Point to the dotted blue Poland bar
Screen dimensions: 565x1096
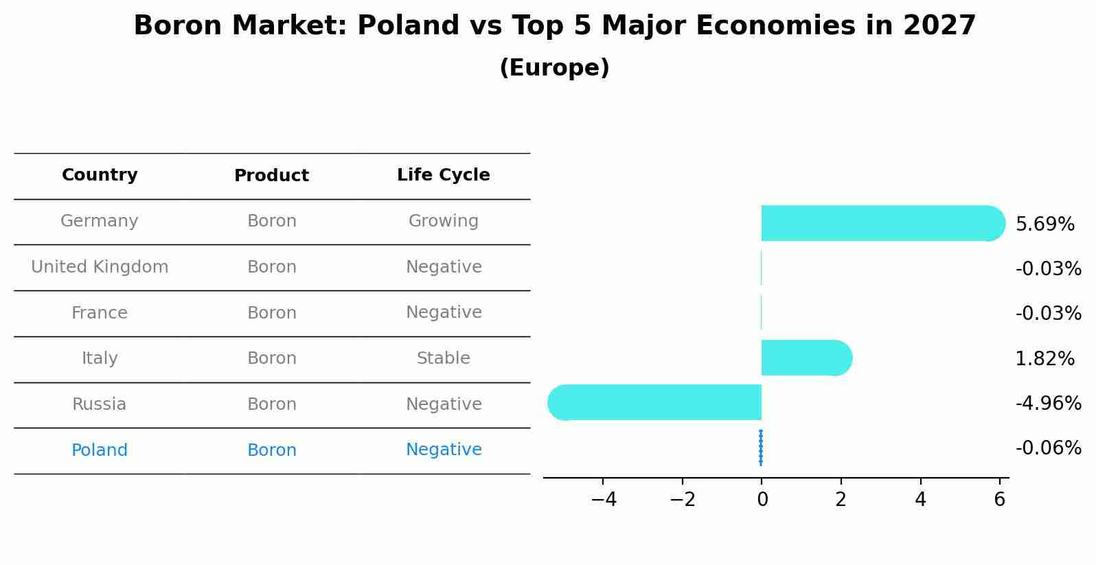pyautogui.click(x=761, y=448)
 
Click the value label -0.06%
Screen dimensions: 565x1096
pyautogui.click(x=1048, y=448)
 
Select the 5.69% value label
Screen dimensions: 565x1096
pyautogui.click(x=1044, y=224)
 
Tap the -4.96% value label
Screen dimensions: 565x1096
pyautogui.click(x=1048, y=404)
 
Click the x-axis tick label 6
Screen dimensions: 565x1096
pyautogui.click(x=1000, y=500)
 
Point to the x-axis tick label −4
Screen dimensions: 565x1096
pyautogui.click(x=603, y=500)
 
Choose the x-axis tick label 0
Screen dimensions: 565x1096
pyautogui.click(x=762, y=500)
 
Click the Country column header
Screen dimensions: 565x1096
pyautogui.click(x=100, y=175)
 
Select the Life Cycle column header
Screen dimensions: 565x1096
pyautogui.click(x=443, y=175)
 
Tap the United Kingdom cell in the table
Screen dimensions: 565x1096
pyautogui.click(x=100, y=267)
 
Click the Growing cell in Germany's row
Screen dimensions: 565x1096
pyautogui.click(x=443, y=221)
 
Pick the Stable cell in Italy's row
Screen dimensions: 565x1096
pyautogui.click(x=443, y=358)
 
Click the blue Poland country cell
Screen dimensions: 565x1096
pyautogui.click(x=100, y=450)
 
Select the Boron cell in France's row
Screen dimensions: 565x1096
pyautogui.click(x=271, y=313)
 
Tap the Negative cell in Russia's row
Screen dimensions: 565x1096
pyautogui.click(x=443, y=404)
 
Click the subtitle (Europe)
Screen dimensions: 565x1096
pyautogui.click(x=554, y=68)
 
